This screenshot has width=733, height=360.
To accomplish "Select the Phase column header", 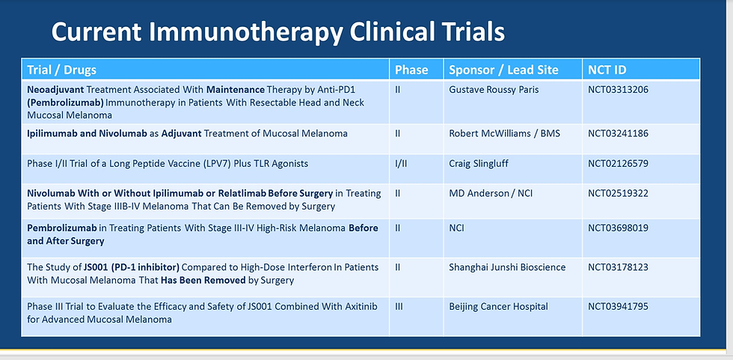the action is coord(411,70).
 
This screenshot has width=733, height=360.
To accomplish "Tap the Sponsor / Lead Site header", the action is coord(503,70).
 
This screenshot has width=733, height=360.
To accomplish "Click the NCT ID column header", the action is coord(607,70).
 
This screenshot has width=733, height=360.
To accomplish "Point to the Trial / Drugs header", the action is coord(61,70).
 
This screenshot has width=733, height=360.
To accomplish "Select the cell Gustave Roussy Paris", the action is coord(494,89).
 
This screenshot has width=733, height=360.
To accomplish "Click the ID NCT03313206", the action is coord(618,89).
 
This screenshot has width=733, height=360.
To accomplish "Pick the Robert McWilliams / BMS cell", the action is coord(504,134).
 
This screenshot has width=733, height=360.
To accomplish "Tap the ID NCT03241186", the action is coord(618,134).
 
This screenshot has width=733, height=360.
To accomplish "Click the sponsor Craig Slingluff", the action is coord(479,164).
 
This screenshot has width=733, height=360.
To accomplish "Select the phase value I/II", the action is coord(401,164).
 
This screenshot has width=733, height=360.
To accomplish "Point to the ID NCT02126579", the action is coord(618,164).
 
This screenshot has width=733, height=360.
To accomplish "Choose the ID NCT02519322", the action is coord(618,193).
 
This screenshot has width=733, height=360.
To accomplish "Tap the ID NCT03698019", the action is coord(618,228).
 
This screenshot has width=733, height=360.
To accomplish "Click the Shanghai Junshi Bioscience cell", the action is coord(507,267).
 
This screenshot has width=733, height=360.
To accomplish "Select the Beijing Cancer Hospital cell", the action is coord(498,307).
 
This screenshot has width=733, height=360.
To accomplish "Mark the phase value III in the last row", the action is coord(399,307).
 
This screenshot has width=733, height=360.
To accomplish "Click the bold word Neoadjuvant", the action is coord(55,89).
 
